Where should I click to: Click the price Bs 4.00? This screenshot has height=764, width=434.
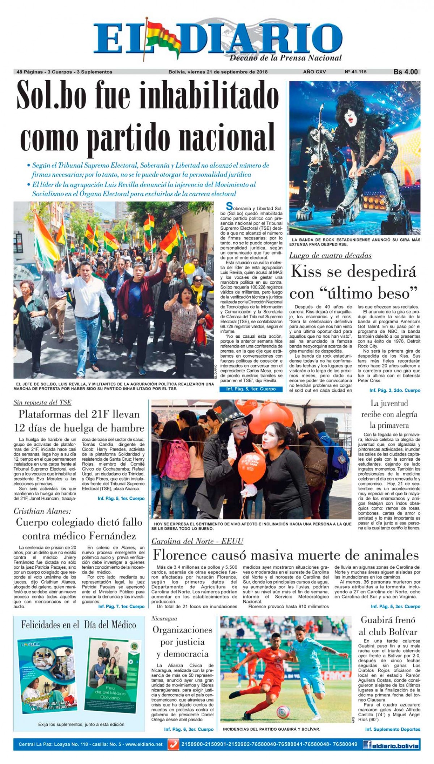(405, 72)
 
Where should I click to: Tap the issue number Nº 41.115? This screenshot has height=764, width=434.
(356, 72)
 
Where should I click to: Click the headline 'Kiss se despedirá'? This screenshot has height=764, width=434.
(354, 272)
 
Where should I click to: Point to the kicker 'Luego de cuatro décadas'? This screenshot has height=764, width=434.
(330, 256)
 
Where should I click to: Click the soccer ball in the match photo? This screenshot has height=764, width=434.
(283, 712)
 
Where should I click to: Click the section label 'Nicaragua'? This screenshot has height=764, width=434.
(164, 619)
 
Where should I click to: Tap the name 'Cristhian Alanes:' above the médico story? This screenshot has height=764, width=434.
(42, 511)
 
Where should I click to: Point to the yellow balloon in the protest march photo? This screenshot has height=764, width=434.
(189, 268)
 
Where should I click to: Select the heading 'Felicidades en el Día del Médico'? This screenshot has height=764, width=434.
(78, 625)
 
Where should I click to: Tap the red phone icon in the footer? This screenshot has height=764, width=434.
(173, 744)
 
